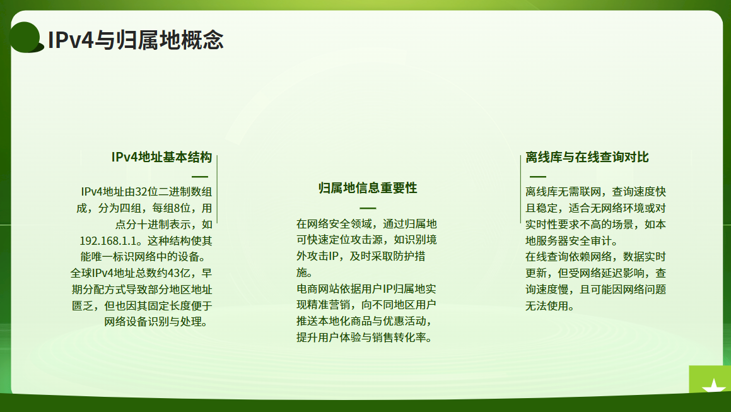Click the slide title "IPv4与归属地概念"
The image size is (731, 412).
pyautogui.click(x=136, y=39)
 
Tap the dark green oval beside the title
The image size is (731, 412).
pyautogui.click(x=25, y=37)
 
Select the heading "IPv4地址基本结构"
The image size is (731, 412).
pyautogui.click(x=161, y=157)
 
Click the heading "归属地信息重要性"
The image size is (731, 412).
pyautogui.click(x=368, y=188)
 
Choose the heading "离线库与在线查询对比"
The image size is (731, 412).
pyautogui.click(x=587, y=157)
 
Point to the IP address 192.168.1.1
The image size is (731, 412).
pyautogui.click(x=110, y=241)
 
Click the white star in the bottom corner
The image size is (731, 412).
pyautogui.click(x=713, y=386)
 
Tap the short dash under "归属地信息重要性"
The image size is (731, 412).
pyautogui.click(x=368, y=208)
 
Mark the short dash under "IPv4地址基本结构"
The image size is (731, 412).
pyautogui.click(x=200, y=177)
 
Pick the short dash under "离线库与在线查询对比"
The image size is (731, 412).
pyautogui.click(x=538, y=177)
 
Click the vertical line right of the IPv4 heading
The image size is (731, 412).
pyautogui.click(x=217, y=189)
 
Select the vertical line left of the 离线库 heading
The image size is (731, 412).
pyautogui.click(x=520, y=189)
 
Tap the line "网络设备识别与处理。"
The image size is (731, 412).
pyautogui.click(x=156, y=322)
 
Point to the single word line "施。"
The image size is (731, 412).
pyautogui.click(x=305, y=272)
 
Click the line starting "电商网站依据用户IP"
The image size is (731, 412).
pyautogui.click(x=366, y=289)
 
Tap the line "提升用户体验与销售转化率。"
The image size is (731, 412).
pyautogui.click(x=365, y=338)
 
